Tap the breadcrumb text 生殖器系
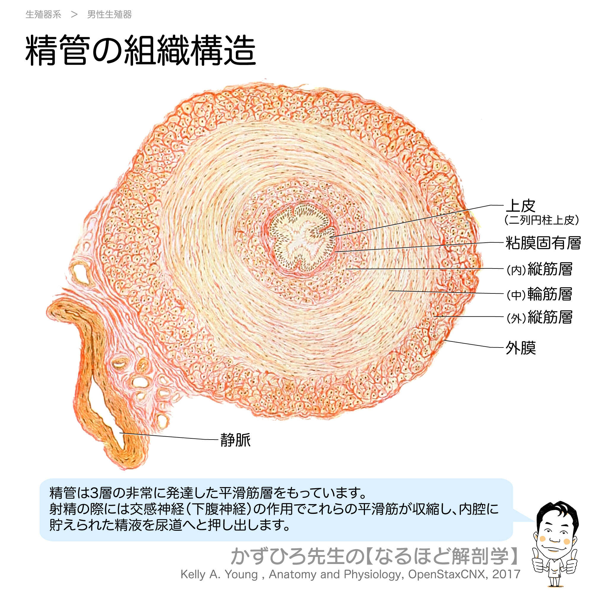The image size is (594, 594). tap(43, 15)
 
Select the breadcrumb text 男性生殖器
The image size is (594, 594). tap(110, 15)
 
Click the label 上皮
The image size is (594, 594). tap(521, 206)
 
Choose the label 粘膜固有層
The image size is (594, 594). tap(543, 243)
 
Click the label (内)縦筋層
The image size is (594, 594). tap(539, 269)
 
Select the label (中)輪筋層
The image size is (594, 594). tap(539, 294)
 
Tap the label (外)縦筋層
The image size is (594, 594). tap(539, 317)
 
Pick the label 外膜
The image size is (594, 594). tap(521, 348)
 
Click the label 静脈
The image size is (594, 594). tap(236, 440)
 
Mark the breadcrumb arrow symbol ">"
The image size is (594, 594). tap(74, 15)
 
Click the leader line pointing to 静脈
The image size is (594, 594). tap(169, 436)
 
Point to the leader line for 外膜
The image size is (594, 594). tap(473, 344)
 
